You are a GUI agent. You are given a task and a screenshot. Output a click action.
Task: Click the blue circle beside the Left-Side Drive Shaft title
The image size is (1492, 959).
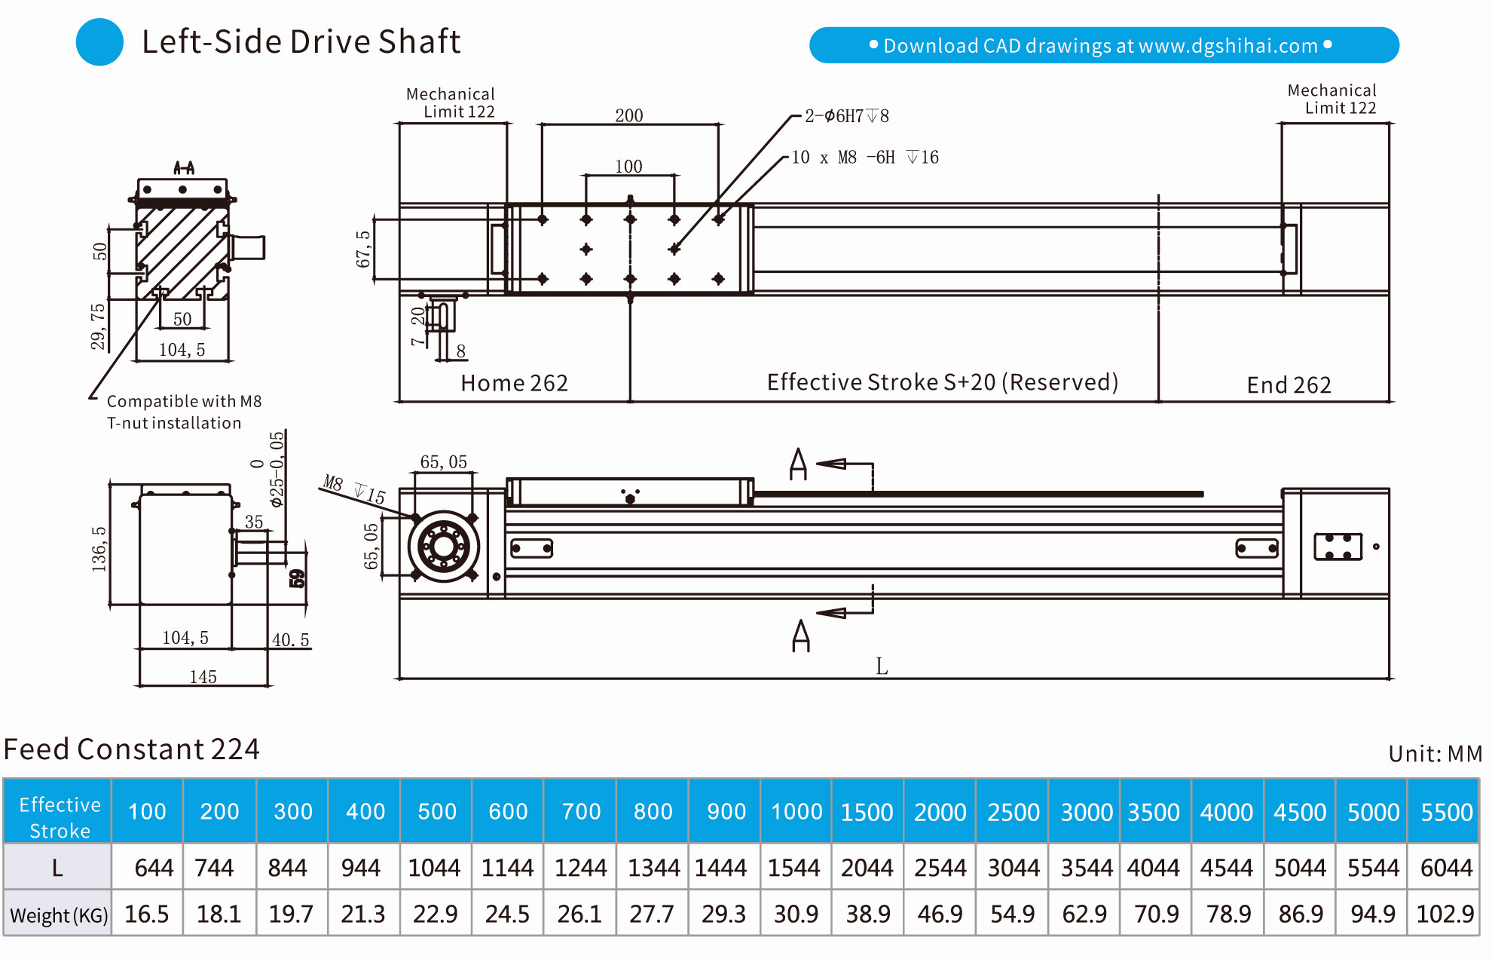click(x=99, y=41)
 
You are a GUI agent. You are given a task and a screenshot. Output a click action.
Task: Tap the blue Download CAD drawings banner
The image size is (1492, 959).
click(x=1103, y=45)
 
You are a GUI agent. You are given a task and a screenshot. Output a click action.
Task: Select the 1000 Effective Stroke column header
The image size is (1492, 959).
click(x=796, y=811)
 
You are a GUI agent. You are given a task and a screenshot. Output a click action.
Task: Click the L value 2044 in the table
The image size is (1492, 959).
click(x=867, y=868)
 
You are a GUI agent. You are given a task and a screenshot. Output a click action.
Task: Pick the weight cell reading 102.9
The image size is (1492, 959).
click(x=1445, y=914)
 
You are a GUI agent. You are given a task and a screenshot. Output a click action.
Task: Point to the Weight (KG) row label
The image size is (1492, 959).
click(x=58, y=915)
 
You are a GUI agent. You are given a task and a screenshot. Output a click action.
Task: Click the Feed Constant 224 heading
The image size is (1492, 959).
click(x=131, y=749)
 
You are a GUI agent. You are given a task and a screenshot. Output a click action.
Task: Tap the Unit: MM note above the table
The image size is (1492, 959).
click(x=1435, y=753)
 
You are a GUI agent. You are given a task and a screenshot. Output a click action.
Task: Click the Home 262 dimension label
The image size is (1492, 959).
click(x=514, y=383)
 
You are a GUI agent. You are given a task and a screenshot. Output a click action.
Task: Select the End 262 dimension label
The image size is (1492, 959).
click(x=1289, y=385)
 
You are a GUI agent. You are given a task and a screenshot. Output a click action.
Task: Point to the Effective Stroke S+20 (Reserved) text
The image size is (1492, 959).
click(x=942, y=382)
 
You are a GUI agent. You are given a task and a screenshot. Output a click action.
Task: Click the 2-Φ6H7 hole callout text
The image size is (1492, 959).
click(x=846, y=116)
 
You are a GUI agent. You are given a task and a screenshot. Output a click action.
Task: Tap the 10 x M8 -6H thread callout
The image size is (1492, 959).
click(x=864, y=158)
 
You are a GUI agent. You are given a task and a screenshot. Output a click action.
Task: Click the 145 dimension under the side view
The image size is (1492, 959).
click(x=203, y=676)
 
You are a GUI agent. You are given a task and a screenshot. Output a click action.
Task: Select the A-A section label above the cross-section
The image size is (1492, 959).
click(x=184, y=167)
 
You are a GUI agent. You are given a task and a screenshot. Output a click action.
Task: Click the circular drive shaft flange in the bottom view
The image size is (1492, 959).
click(x=443, y=547)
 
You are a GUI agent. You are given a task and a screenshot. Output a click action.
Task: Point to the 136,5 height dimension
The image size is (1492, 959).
click(x=99, y=549)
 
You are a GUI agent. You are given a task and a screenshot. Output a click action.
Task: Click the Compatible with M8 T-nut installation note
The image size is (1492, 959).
click(x=183, y=412)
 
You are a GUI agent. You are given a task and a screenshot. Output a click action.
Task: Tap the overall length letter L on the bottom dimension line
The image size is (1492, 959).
click(x=882, y=666)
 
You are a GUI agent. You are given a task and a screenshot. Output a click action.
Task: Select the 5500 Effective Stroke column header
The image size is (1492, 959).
click(x=1445, y=811)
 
